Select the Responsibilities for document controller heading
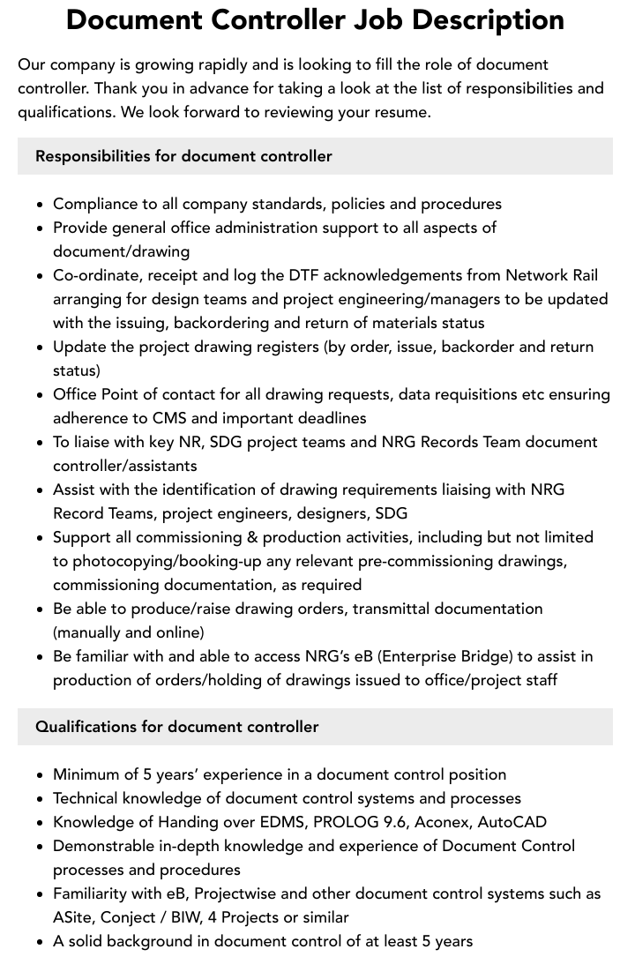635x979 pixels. [183, 156]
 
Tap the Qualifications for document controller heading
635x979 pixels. [176, 727]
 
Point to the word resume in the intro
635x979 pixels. [401, 112]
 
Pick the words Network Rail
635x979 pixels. [551, 275]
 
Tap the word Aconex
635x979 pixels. [446, 822]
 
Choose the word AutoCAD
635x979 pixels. [514, 822]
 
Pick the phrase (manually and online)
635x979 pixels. [129, 632]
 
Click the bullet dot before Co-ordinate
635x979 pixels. [41, 276]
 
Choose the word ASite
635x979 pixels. [72, 917]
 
